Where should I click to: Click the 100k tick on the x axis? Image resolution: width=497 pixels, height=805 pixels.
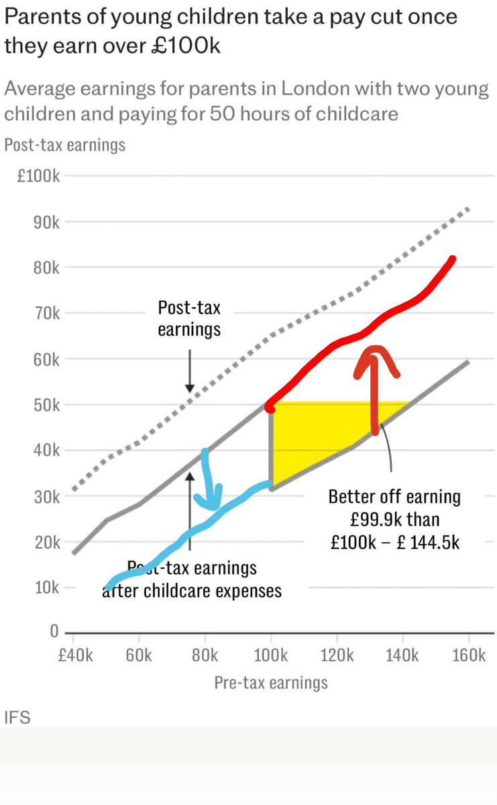(270, 655)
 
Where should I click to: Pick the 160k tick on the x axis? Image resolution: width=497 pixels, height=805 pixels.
(467, 655)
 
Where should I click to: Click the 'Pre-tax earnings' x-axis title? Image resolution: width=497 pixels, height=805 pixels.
(270, 683)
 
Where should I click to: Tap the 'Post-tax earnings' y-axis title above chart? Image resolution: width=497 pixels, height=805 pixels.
(64, 144)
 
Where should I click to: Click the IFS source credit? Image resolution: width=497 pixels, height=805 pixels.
(17, 718)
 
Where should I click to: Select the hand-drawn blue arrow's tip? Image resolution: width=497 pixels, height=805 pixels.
(213, 507)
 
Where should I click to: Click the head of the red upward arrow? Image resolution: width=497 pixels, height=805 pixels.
(376, 350)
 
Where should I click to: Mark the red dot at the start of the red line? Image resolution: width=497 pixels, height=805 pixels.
(270, 408)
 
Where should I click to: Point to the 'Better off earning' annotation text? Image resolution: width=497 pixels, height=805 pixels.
(394, 497)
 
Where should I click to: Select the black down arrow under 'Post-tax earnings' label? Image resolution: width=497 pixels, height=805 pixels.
(189, 373)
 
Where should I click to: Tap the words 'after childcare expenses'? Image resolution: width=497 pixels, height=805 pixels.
(192, 591)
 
